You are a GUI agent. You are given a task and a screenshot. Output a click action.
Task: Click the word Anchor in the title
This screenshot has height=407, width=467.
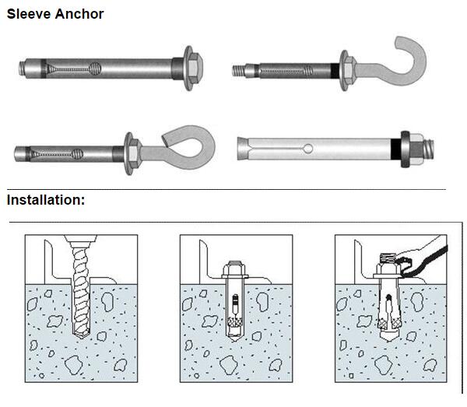[x=80, y=14]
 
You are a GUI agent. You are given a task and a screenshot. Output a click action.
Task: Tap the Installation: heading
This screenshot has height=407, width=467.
[x=46, y=200]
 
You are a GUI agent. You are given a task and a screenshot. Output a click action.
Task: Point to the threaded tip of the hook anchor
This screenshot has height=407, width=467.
[x=238, y=69]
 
